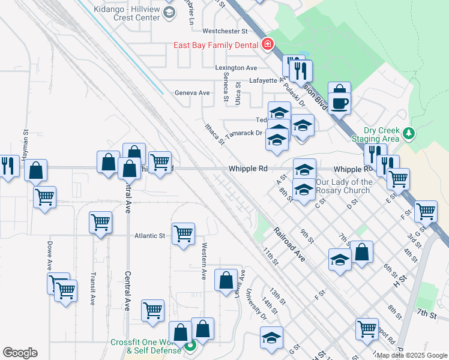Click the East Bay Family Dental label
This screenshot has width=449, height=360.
pos(215,45)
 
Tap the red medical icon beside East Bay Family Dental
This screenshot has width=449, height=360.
pos(267,44)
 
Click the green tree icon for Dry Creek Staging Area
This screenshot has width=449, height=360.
pos(408,133)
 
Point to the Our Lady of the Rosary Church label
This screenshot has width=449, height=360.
pos(344,186)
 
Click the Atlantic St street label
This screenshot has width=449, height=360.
pos(149,236)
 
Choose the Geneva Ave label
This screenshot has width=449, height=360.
pos(192,93)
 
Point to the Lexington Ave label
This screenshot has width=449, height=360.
pos(237,68)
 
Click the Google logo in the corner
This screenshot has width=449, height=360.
pos(20,353)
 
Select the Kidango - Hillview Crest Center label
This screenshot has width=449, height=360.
pos(127,14)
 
